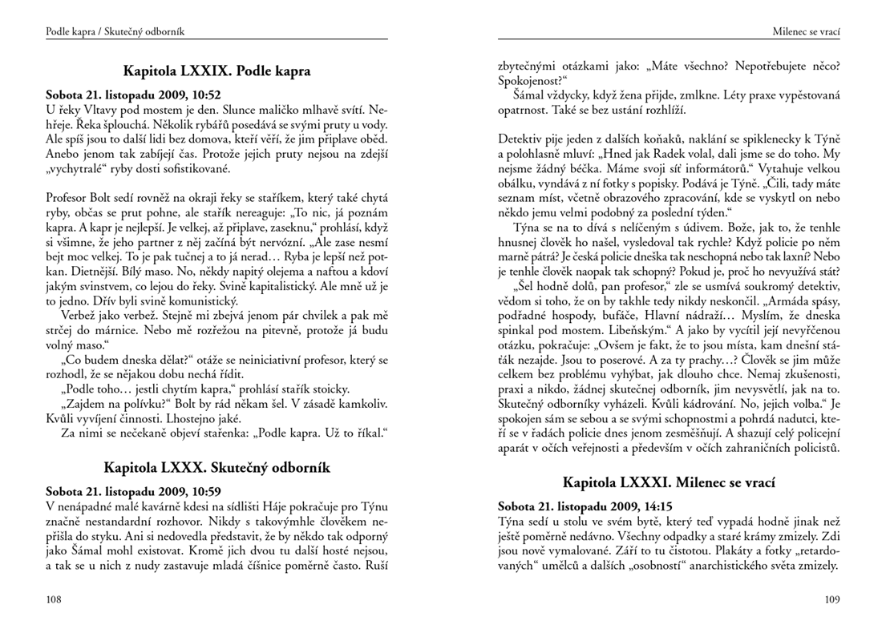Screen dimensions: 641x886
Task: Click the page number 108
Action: click(x=55, y=599)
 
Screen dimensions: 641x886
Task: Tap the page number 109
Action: click(x=831, y=599)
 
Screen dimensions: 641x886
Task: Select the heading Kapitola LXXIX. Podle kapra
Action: click(x=216, y=71)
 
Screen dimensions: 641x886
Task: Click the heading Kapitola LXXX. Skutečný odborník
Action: click(x=216, y=467)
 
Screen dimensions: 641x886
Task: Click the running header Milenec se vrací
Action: click(x=806, y=31)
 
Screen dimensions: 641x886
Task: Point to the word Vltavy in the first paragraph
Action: click(x=95, y=107)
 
